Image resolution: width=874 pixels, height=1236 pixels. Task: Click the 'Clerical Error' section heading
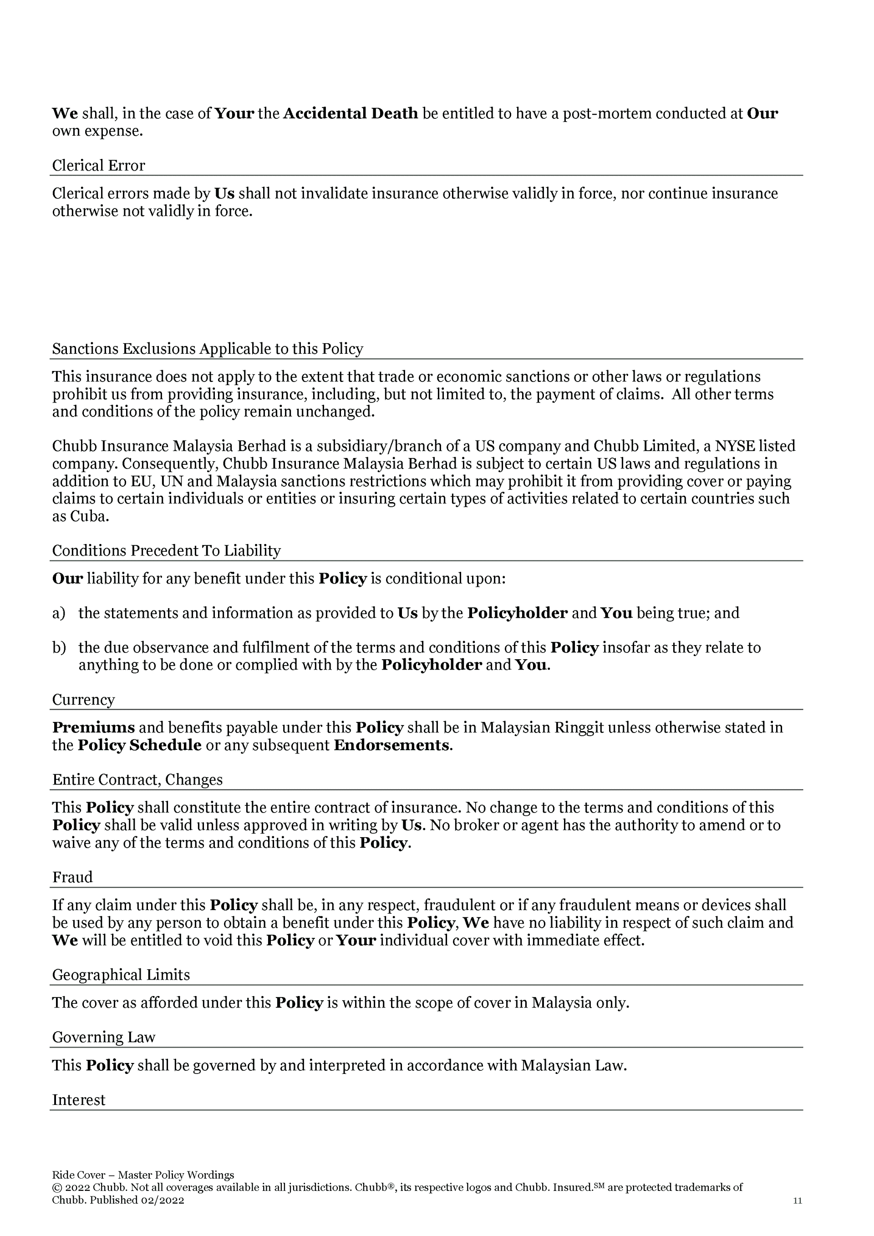click(x=98, y=165)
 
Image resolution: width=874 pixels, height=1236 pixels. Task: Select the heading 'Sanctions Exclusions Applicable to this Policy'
click(x=207, y=349)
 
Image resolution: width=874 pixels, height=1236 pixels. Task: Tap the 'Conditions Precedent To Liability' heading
click(x=166, y=551)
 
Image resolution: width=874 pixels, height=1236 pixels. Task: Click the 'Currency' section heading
click(x=83, y=700)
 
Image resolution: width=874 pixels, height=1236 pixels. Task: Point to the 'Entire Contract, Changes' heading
click(x=137, y=780)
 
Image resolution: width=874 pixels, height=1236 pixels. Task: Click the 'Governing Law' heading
click(x=103, y=1038)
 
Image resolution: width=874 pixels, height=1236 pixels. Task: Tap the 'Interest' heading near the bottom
click(x=79, y=1100)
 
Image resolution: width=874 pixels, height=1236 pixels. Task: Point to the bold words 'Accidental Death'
click(x=351, y=114)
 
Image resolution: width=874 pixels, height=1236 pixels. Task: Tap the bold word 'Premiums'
click(x=93, y=728)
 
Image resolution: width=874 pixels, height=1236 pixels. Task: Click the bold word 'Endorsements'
click(x=391, y=746)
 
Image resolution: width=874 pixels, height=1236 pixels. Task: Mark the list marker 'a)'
click(x=59, y=613)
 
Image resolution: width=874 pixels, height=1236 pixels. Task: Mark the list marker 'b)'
click(x=59, y=648)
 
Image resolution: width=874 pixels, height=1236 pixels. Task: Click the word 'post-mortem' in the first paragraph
click(x=606, y=114)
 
